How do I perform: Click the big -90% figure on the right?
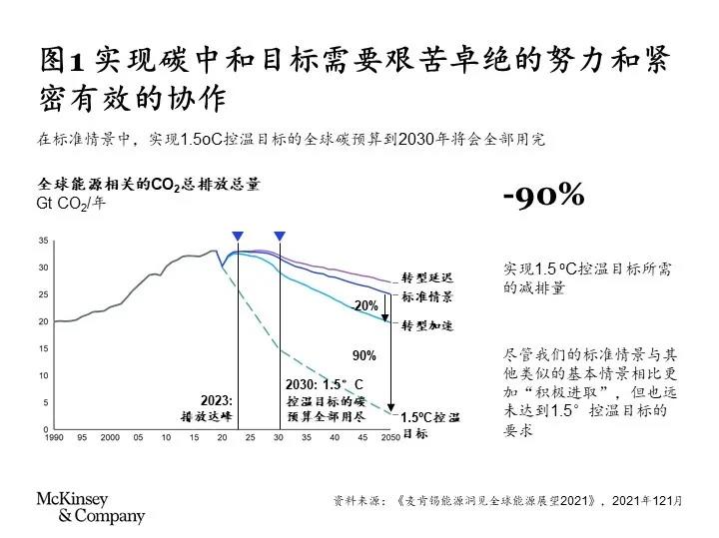(543, 196)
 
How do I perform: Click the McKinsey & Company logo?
(90, 507)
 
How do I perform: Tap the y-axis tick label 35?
(43, 241)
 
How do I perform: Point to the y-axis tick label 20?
(43, 321)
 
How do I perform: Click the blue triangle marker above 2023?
(238, 236)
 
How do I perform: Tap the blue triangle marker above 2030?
(280, 236)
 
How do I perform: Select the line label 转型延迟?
(427, 275)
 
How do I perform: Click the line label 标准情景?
(427, 297)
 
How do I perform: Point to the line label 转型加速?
(427, 325)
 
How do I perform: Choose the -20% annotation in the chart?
(365, 305)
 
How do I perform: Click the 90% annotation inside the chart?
(364, 355)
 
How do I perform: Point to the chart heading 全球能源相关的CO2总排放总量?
(149, 184)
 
